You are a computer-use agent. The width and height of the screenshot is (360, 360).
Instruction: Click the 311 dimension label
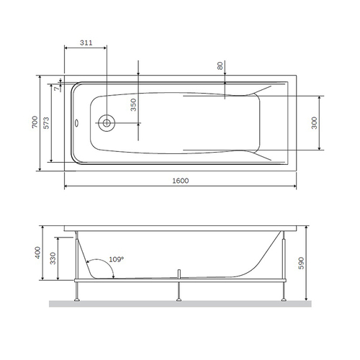86,44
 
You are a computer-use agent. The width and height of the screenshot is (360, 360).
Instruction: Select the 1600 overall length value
181,180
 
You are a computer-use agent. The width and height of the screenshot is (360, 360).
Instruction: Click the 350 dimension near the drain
132,106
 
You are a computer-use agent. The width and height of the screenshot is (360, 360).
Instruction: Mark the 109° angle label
117,258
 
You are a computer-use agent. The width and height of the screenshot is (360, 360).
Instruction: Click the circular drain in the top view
107,123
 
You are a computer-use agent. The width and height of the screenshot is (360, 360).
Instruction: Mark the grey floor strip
180,304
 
